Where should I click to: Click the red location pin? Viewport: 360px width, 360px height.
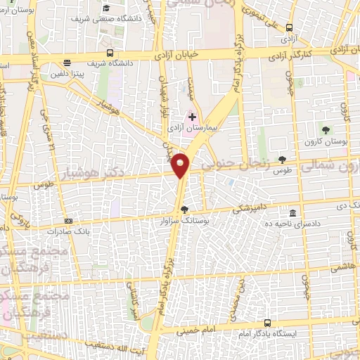tap(181, 165)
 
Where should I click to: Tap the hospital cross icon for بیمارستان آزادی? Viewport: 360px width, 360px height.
tap(192, 116)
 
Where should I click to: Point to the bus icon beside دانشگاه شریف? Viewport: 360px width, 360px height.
tap(109, 53)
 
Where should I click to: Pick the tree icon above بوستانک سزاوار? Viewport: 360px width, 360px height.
tap(184, 209)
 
